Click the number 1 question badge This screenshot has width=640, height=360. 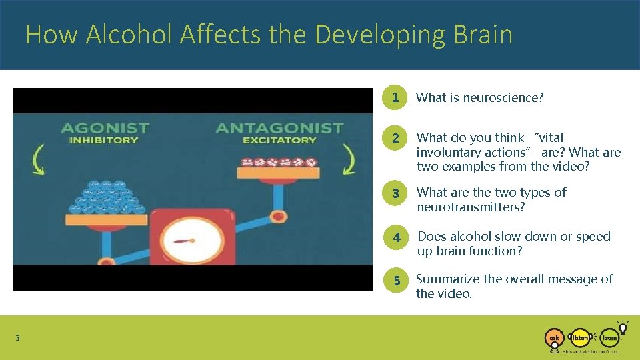[396, 98]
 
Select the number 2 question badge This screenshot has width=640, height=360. [396, 138]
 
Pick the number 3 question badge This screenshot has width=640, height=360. [396, 193]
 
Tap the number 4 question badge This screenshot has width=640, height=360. [396, 237]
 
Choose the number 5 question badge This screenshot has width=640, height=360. [396, 280]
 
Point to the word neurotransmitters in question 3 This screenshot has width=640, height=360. [471, 207]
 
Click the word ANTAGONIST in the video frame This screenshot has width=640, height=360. [279, 127]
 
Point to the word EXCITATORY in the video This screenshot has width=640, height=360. [279, 141]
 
